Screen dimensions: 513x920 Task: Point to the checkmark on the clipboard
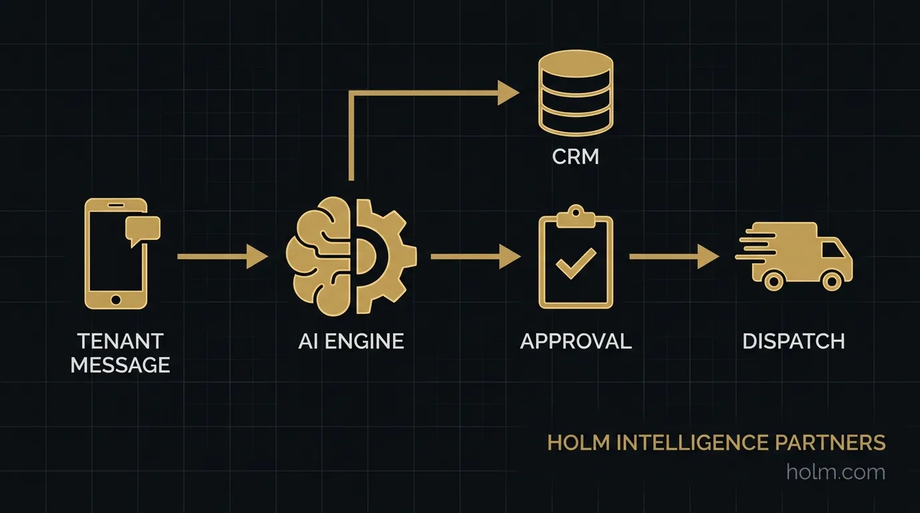click(x=575, y=265)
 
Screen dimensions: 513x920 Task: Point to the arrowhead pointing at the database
click(x=508, y=94)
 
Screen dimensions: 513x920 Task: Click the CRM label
click(x=575, y=157)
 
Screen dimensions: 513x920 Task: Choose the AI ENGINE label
click(x=350, y=341)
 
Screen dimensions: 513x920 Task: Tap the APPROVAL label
click(x=575, y=341)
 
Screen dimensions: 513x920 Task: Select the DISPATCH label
click(x=794, y=341)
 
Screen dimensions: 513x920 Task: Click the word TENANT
click(x=120, y=341)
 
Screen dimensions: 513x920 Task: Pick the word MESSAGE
click(x=120, y=365)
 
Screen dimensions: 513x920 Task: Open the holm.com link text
click(x=836, y=472)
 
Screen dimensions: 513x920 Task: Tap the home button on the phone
click(x=115, y=299)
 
